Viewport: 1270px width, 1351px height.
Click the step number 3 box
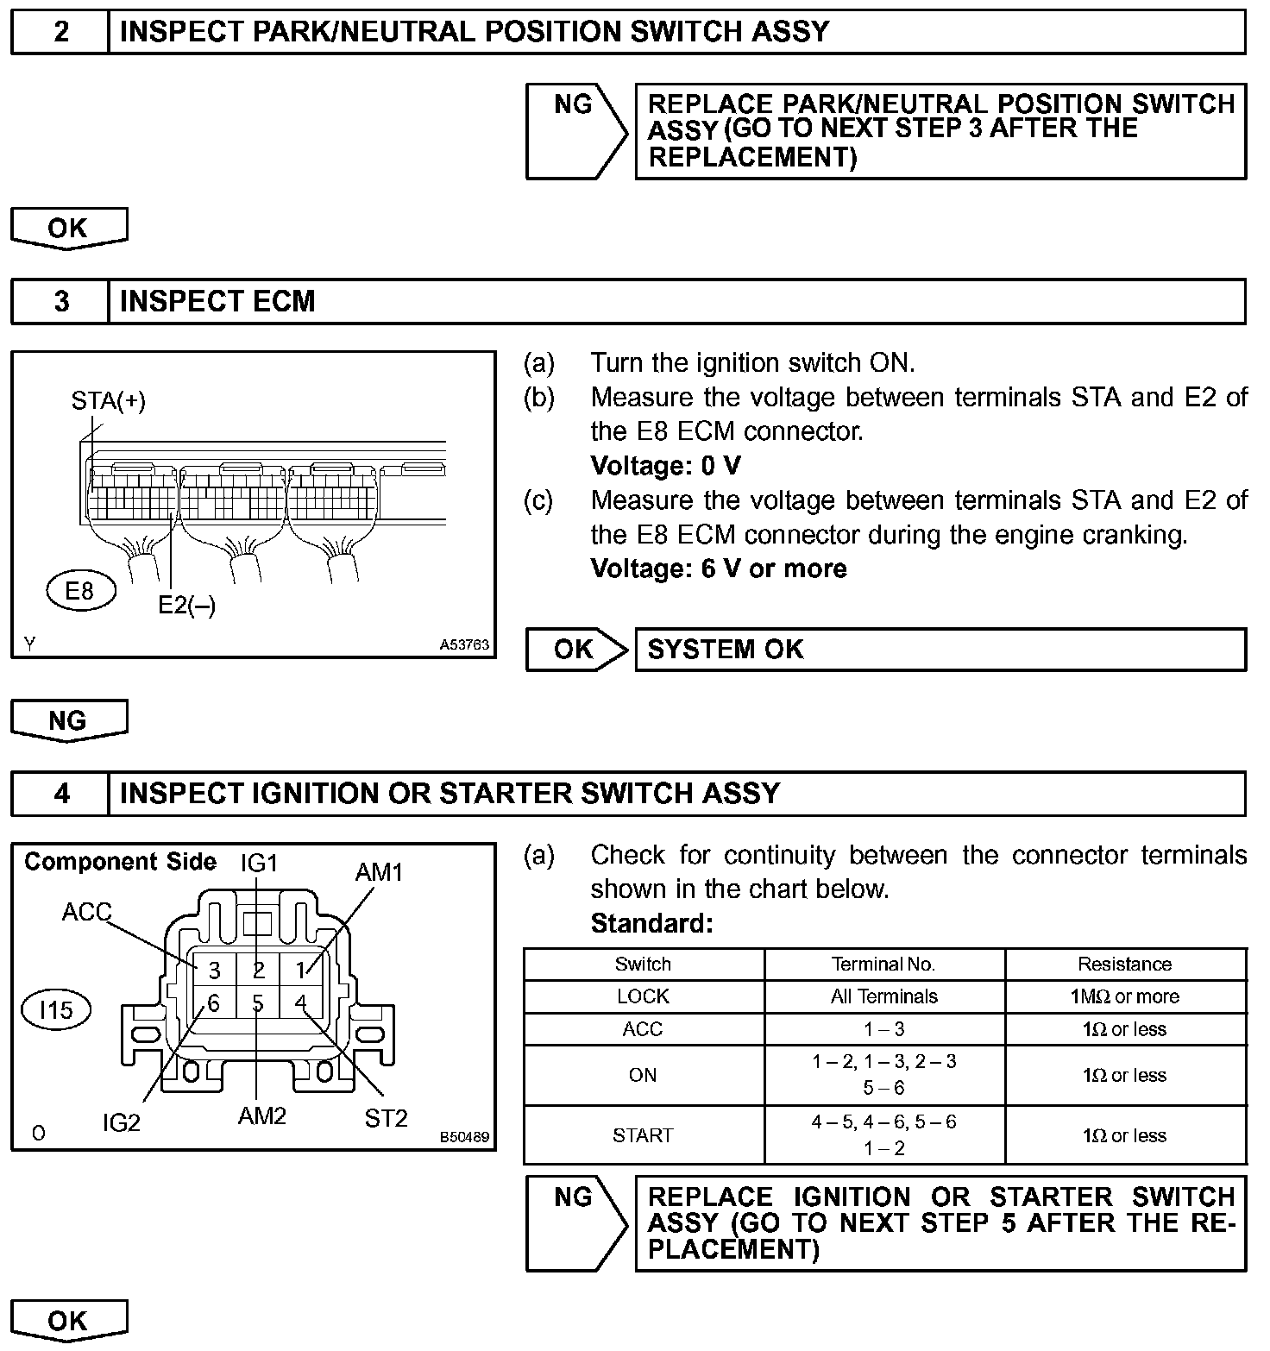61,302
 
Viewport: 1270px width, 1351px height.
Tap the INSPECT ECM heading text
217,302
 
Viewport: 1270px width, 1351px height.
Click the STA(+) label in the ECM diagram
109,401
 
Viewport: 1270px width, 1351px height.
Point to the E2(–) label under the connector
186,606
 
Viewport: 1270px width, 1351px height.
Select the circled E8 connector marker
79,591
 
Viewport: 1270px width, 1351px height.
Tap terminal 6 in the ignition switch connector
213,1003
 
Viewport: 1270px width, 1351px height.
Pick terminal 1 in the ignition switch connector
300,971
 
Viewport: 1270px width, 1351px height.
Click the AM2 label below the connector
261,1116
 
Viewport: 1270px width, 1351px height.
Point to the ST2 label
386,1119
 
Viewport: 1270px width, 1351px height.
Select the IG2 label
121,1122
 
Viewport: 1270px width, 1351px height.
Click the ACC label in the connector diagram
86,912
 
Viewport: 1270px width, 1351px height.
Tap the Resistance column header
1124,965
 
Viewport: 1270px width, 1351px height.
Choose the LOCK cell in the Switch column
643,996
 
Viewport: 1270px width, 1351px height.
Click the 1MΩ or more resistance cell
1124,996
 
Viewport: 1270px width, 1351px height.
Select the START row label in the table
643,1135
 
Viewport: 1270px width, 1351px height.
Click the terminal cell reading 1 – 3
883,1029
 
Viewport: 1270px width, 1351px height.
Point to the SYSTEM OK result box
940,650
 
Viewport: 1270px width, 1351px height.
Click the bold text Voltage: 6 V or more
719,569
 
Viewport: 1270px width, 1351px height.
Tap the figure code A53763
464,644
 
